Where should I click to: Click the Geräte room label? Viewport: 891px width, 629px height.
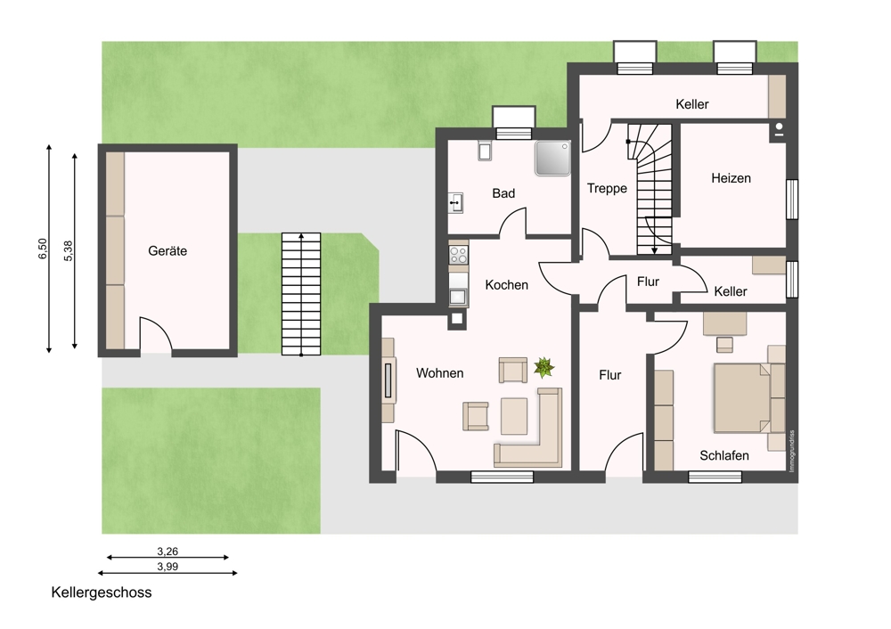pos(168,250)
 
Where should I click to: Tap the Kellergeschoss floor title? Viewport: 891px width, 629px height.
pos(102,592)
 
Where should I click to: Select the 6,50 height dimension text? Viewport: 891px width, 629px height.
pos(43,249)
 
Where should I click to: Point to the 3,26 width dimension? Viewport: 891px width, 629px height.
pos(168,551)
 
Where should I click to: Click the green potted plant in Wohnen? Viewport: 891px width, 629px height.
pos(544,367)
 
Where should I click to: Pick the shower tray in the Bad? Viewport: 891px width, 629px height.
pos(552,158)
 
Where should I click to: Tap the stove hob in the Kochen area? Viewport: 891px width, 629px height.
pos(459,255)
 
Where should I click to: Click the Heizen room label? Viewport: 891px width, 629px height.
pos(731,178)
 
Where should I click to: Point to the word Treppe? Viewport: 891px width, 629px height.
pos(607,188)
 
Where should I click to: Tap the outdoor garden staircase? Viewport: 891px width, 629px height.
pos(301,294)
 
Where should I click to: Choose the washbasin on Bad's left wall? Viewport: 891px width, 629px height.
pos(455,203)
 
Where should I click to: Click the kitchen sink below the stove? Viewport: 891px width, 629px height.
pos(458,297)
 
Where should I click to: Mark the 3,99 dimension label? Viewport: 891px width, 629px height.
pos(168,566)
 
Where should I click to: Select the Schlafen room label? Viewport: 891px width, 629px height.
pos(723,455)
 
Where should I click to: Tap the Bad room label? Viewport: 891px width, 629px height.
pos(503,193)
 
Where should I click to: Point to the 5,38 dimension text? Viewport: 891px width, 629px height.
pos(69,250)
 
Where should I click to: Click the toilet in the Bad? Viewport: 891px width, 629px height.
pos(485,150)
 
